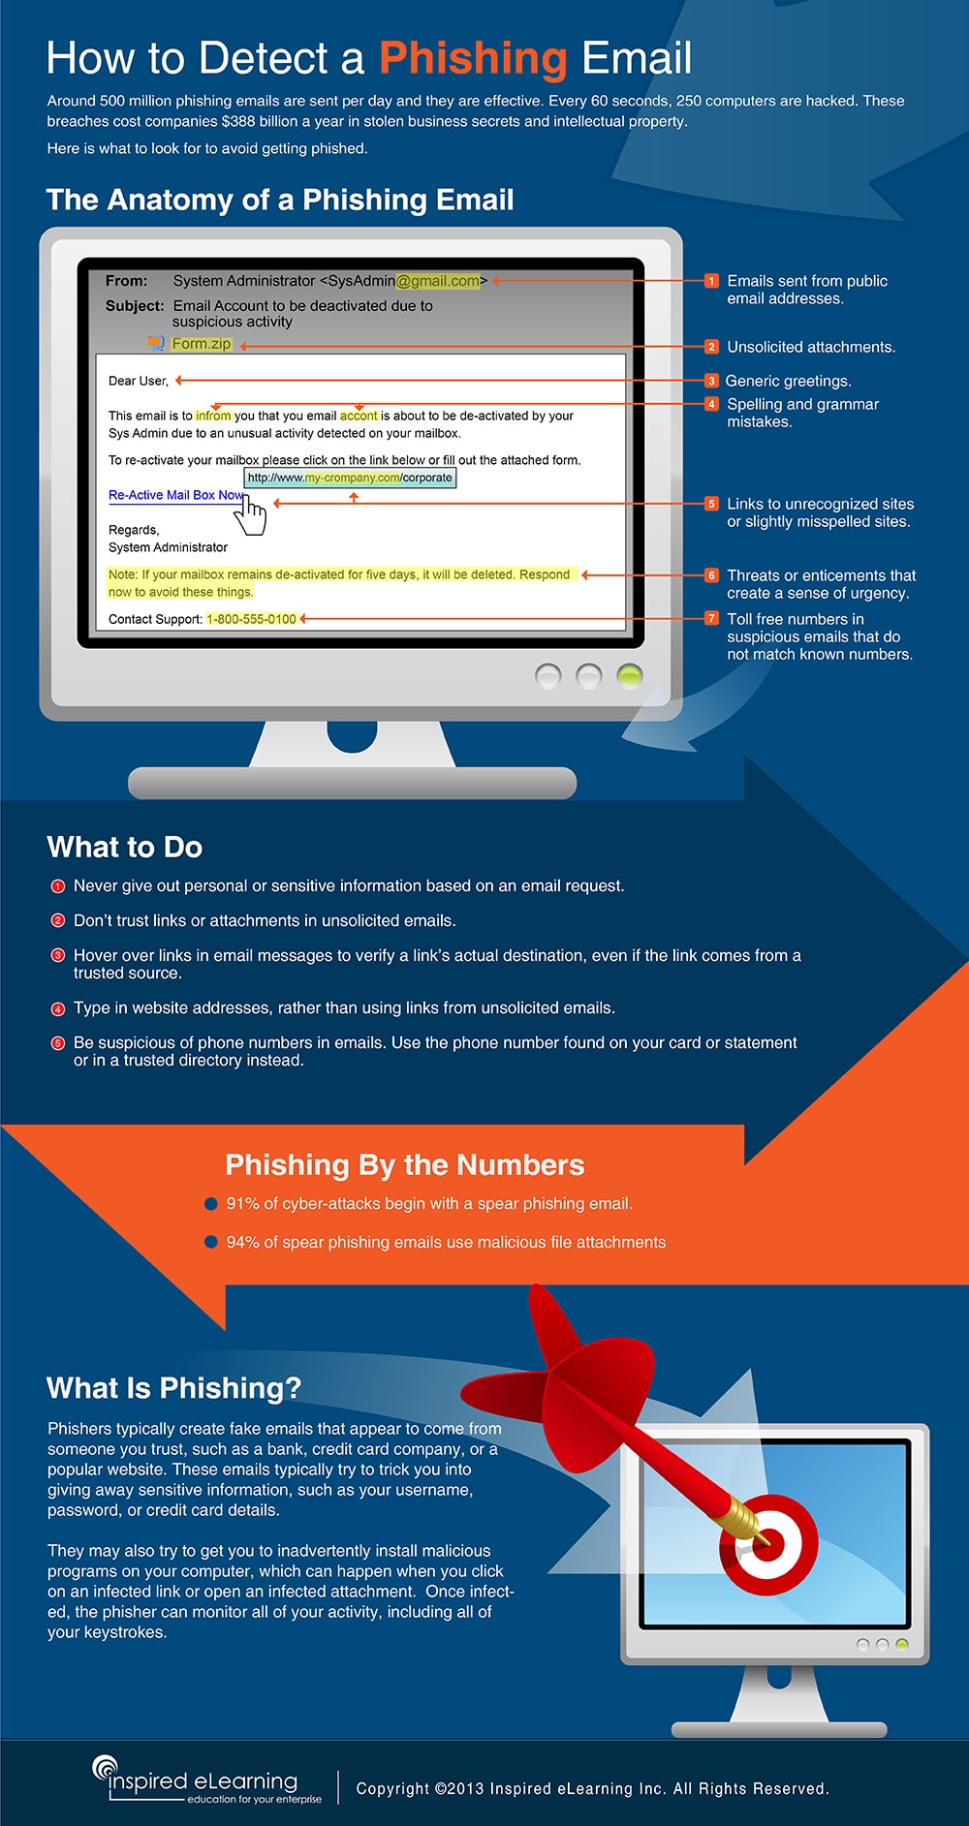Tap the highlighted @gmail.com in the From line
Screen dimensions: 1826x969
tap(438, 281)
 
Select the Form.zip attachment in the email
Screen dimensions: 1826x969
tap(202, 344)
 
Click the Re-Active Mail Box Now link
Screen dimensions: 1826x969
tap(175, 495)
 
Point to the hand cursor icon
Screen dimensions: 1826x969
tap(253, 514)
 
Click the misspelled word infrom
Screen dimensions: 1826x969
tap(213, 416)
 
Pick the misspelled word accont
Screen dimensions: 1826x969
tap(359, 416)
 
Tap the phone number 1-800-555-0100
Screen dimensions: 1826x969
tap(251, 619)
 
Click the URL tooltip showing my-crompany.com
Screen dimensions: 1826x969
tap(350, 478)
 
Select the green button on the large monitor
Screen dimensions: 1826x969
tap(630, 675)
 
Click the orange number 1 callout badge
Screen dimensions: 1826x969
tap(711, 281)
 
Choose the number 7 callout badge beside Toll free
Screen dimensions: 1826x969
tap(711, 619)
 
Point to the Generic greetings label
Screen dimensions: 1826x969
tap(788, 381)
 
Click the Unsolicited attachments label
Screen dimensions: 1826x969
tap(811, 347)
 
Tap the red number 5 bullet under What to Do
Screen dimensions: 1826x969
tap(57, 1043)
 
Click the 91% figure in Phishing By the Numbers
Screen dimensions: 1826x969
tap(242, 1204)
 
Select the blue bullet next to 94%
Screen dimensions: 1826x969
tap(210, 1242)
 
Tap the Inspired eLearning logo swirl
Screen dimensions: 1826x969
tap(104, 1768)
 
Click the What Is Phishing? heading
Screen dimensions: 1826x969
tap(174, 1388)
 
